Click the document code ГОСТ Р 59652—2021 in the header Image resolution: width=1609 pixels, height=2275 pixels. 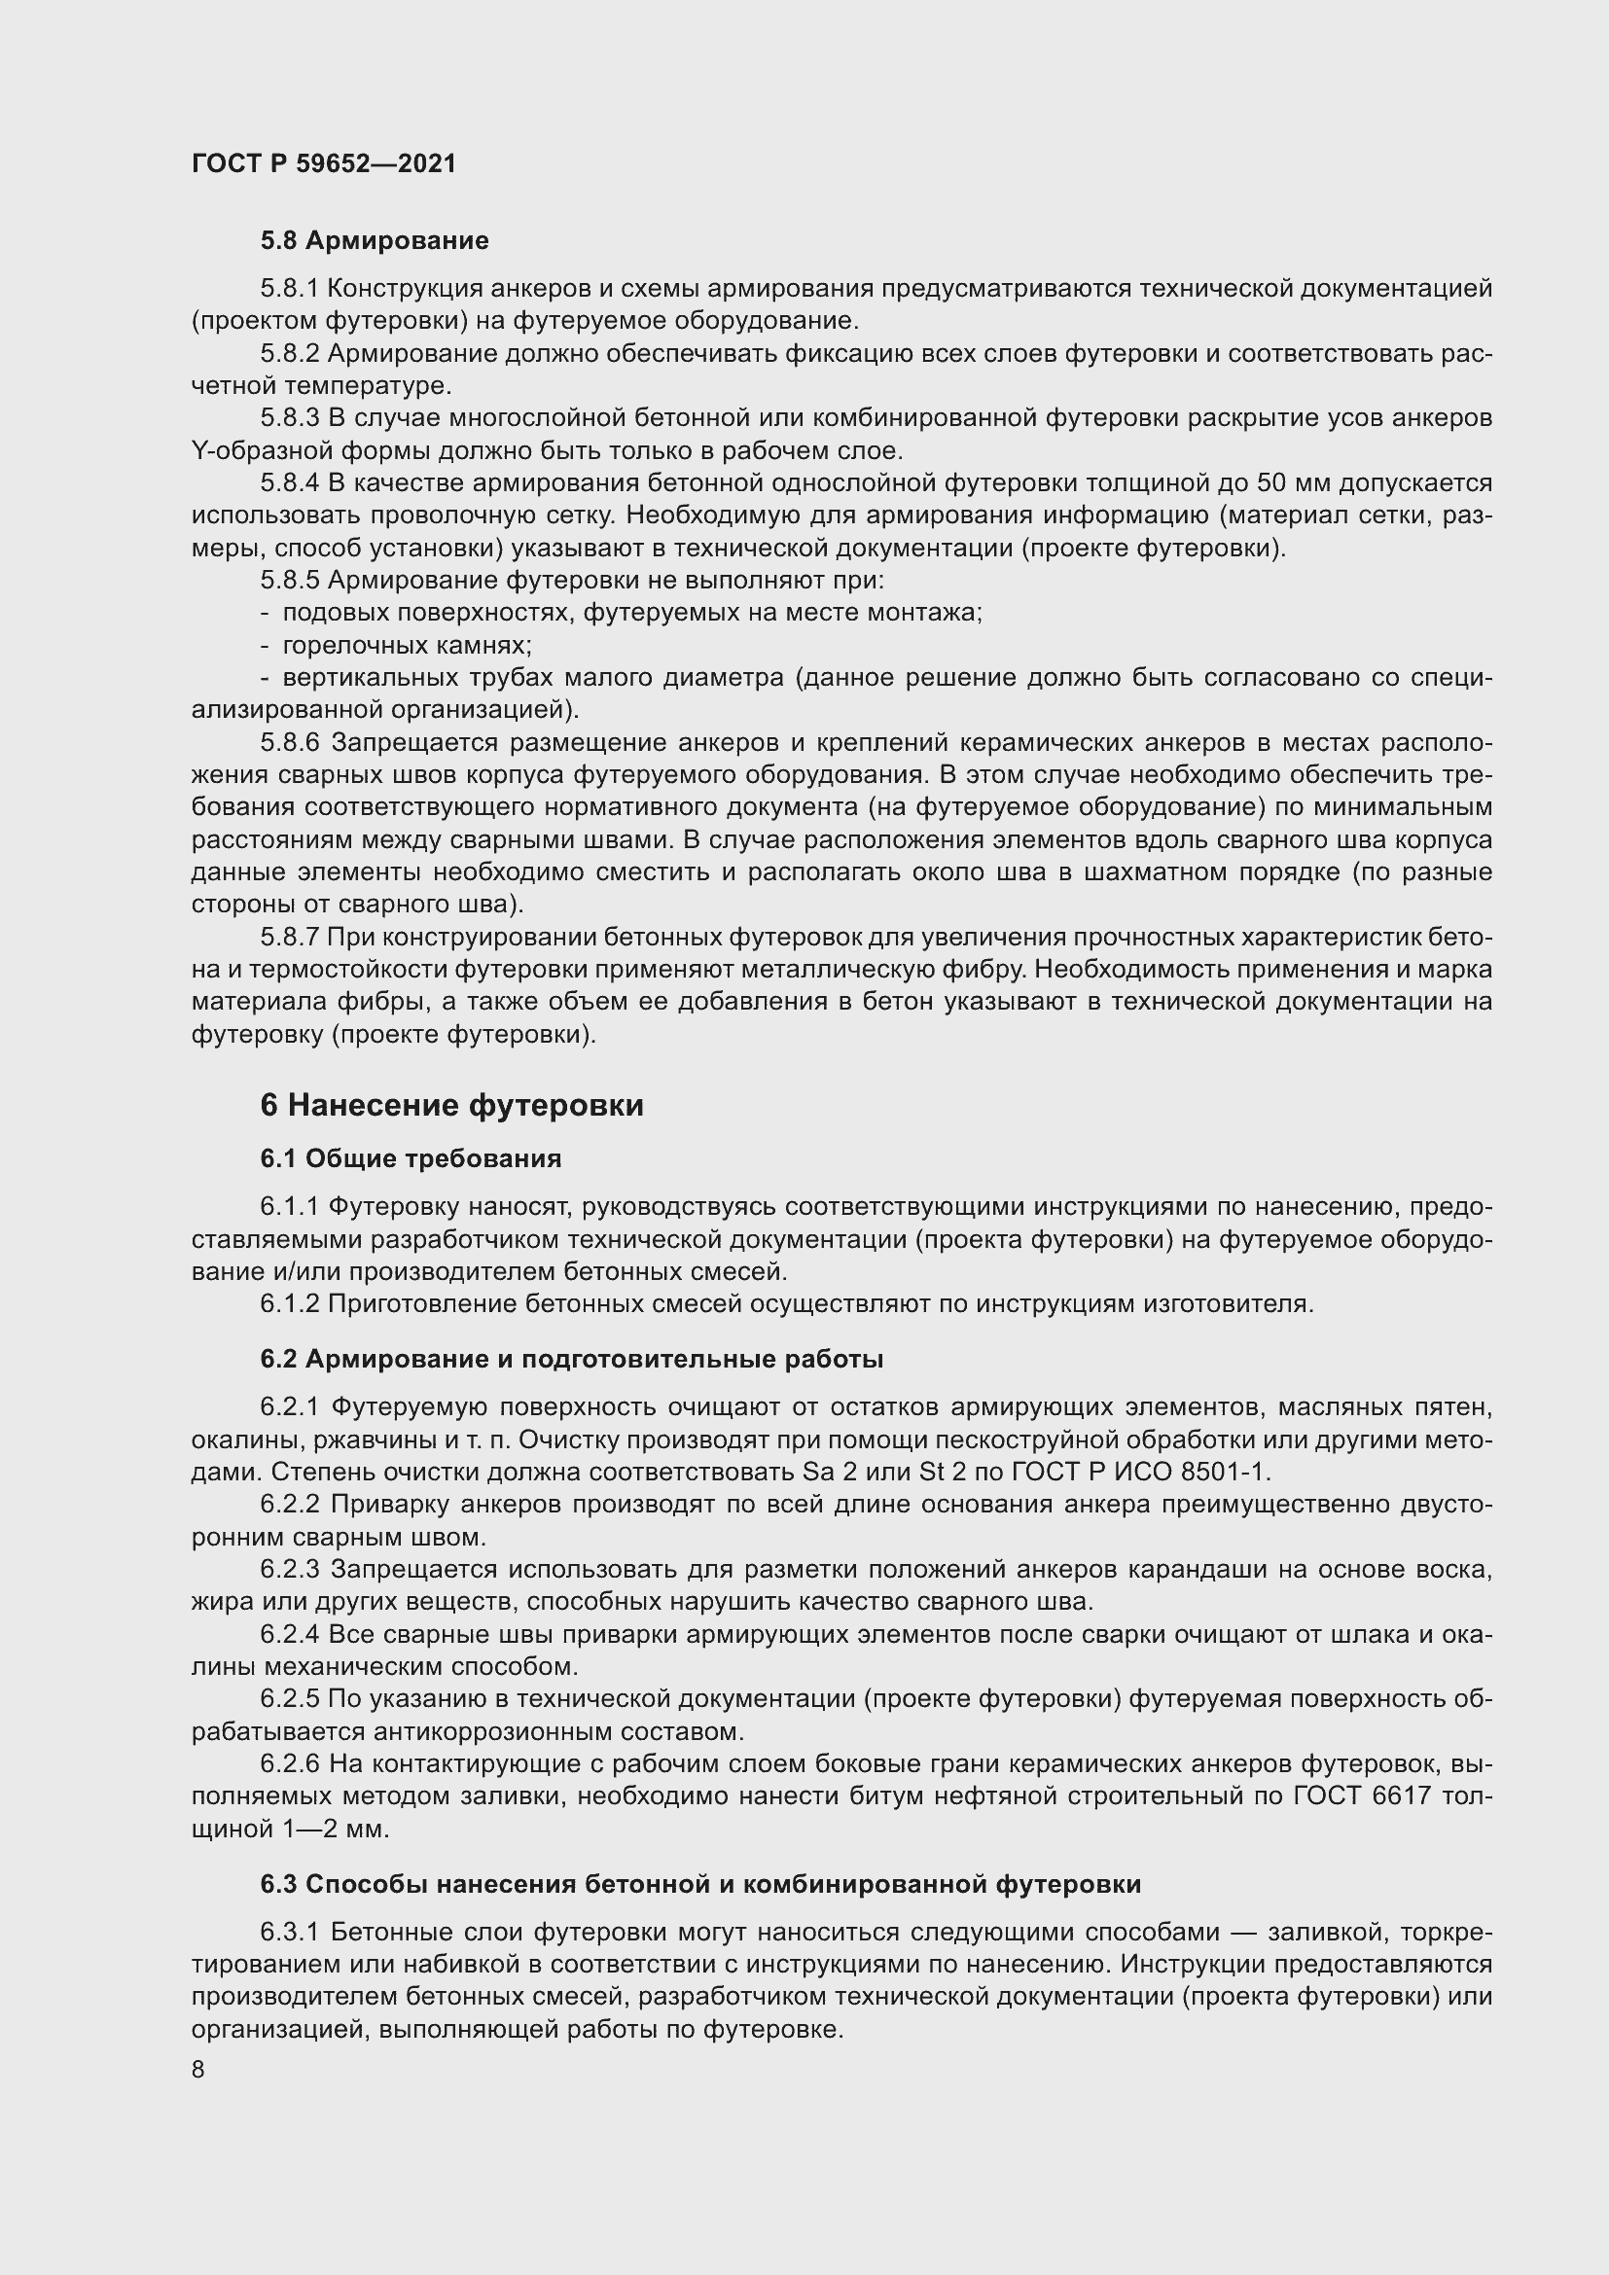tap(323, 163)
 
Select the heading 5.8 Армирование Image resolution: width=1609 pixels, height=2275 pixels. tap(375, 241)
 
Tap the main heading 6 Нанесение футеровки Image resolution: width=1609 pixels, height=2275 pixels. tap(451, 1105)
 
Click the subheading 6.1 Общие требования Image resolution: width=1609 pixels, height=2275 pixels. tap(411, 1158)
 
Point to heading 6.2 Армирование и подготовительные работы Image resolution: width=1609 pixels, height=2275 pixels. tap(572, 1359)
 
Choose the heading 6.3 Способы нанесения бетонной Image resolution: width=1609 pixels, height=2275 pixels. tap(700, 1884)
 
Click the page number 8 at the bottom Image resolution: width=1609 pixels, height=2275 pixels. tap(198, 2070)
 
